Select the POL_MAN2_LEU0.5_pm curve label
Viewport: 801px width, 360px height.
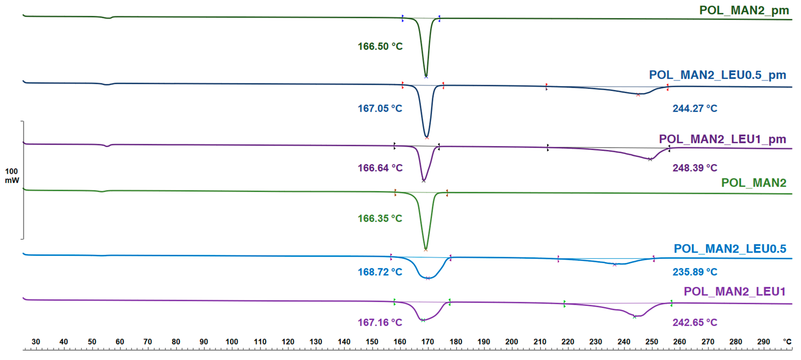[717, 75]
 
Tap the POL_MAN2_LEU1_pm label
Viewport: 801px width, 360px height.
[722, 139]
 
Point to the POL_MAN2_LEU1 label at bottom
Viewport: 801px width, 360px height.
[735, 291]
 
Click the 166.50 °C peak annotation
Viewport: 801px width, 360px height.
[380, 46]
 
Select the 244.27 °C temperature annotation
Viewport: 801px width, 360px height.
[695, 108]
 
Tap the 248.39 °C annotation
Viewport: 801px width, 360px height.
[695, 168]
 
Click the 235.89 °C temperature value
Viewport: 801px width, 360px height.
[695, 272]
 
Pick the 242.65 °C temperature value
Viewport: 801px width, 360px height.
[695, 322]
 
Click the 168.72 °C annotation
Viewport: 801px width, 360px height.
[380, 272]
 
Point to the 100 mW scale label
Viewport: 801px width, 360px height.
[12, 176]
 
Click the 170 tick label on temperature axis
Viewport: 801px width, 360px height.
[427, 342]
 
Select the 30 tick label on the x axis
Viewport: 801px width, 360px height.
[36, 342]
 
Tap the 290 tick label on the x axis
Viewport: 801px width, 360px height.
[763, 342]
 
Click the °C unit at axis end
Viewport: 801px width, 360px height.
[787, 342]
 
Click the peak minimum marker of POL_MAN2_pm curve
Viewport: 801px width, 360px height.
[426, 77]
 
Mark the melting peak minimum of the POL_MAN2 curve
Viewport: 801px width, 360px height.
[426, 250]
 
